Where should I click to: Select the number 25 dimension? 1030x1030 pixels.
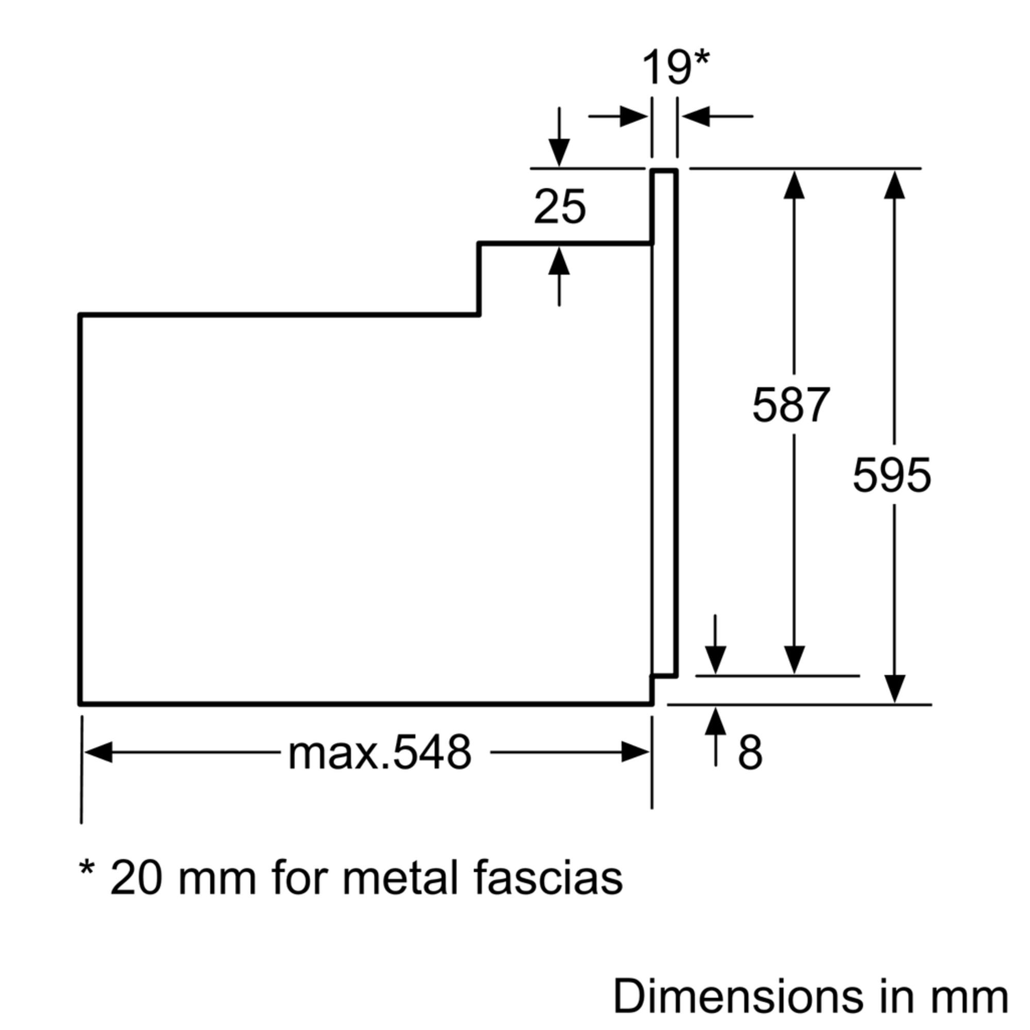tap(560, 207)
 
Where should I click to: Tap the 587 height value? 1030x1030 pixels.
tap(791, 405)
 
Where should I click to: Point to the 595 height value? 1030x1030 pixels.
tap(892, 475)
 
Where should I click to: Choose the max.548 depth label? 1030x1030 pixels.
tap(380, 753)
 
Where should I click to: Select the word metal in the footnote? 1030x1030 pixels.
tap(400, 878)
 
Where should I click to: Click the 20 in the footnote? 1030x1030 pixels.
tap(136, 878)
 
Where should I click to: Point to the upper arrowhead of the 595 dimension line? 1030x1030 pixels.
tap(894, 185)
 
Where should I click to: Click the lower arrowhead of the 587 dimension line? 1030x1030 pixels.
tap(794, 660)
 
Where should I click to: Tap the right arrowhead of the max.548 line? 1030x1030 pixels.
tap(634, 752)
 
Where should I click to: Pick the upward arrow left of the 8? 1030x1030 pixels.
tap(715, 722)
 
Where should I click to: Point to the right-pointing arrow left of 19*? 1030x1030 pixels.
tap(632, 116)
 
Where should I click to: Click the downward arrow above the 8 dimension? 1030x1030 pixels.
tap(715, 660)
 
